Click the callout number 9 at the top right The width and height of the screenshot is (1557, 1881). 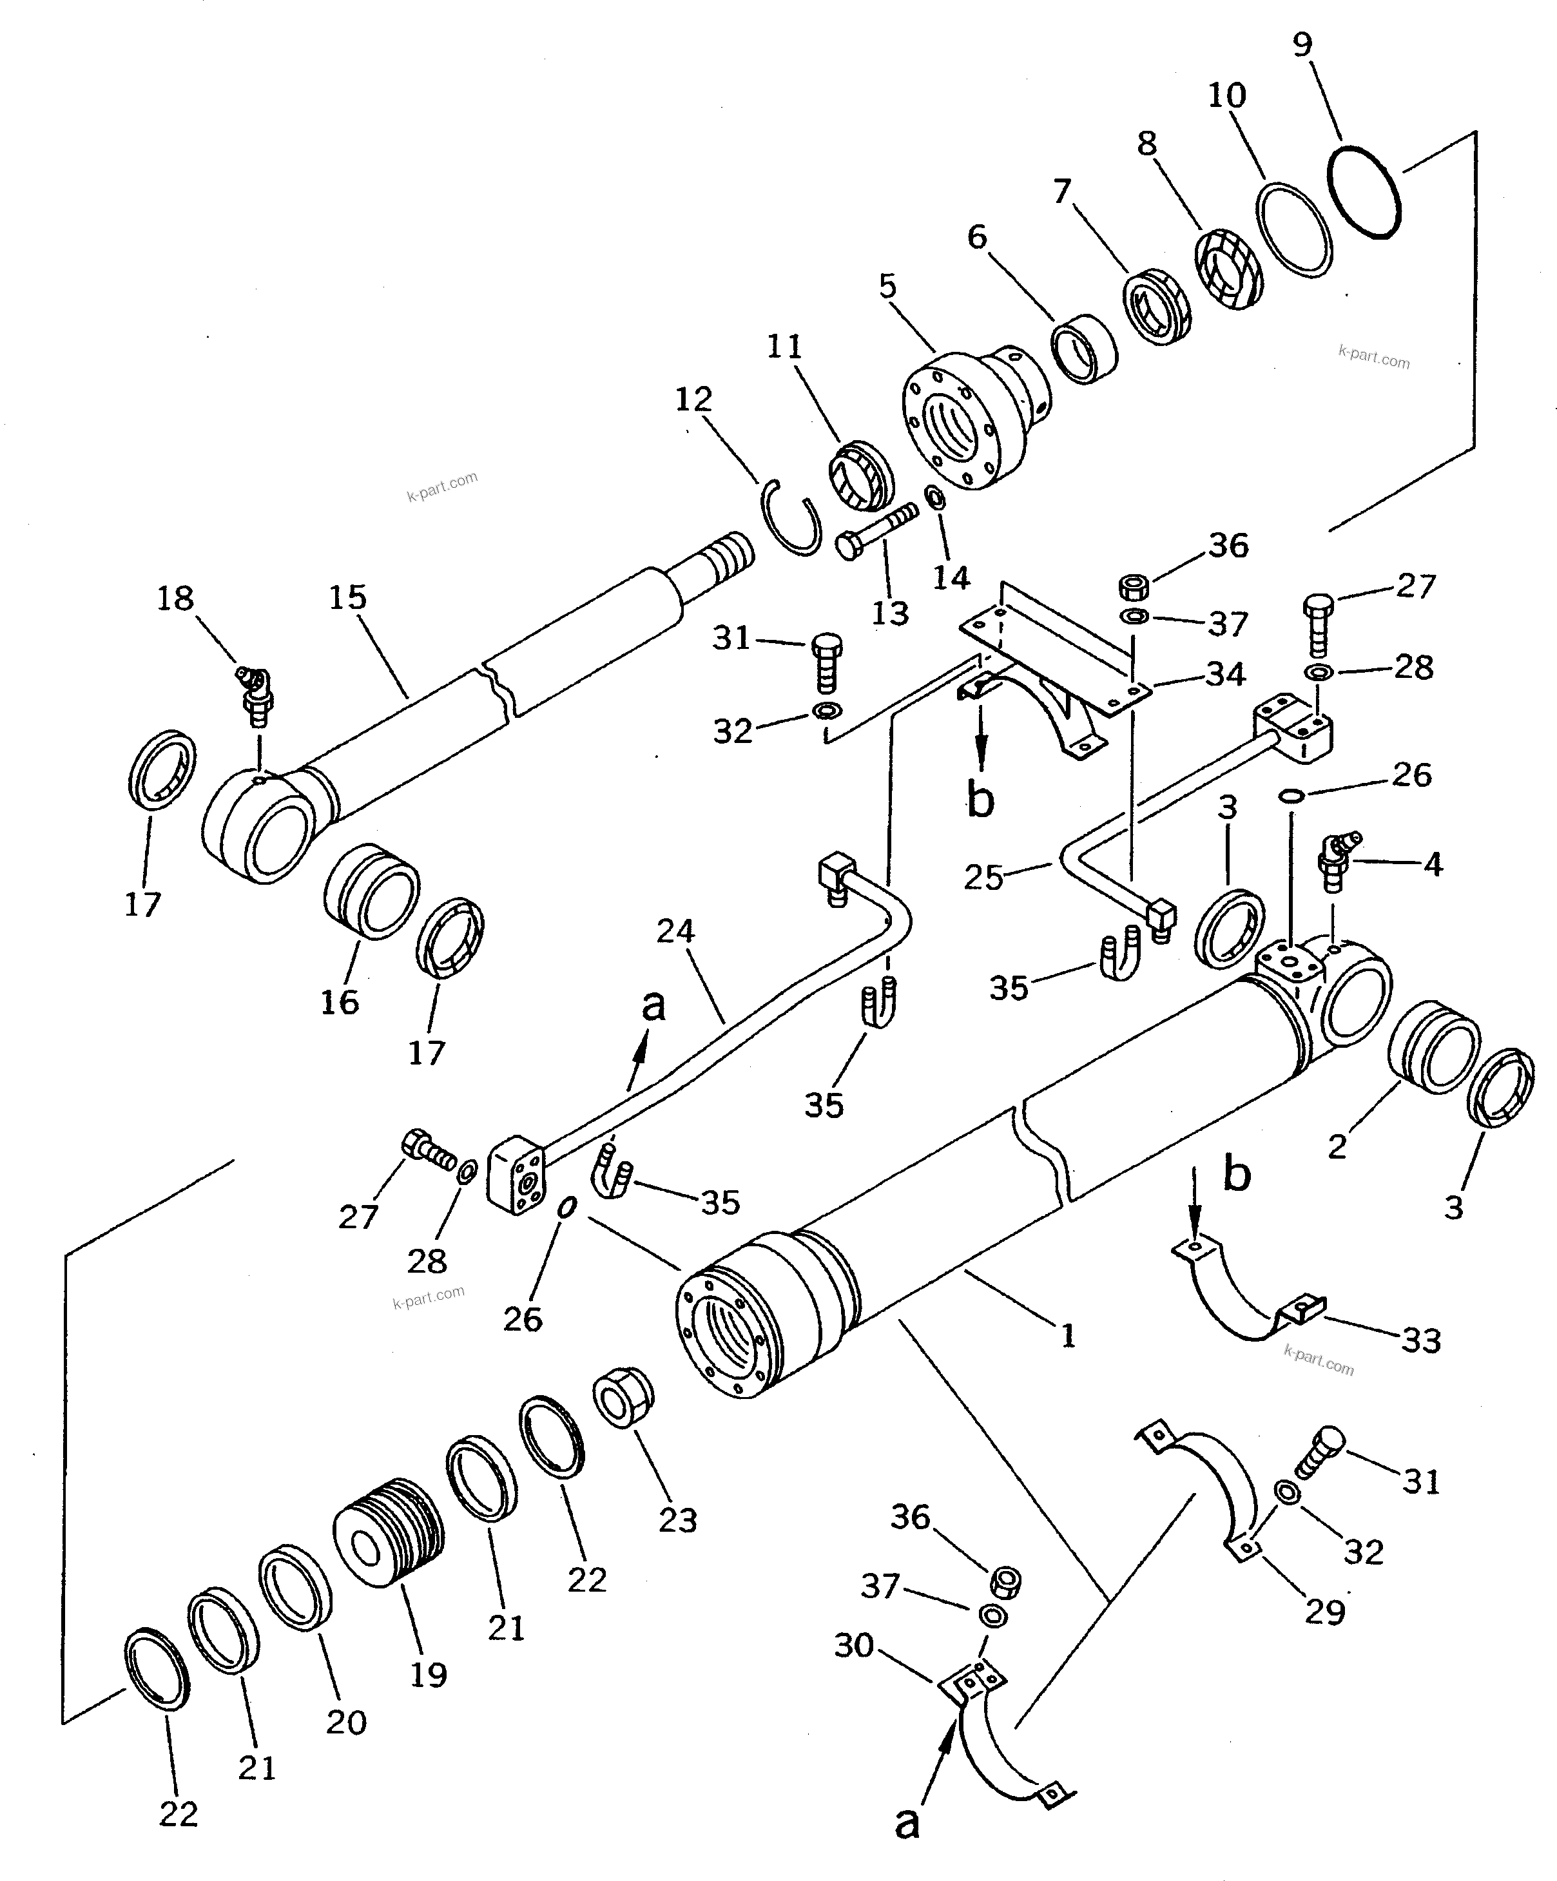point(1302,45)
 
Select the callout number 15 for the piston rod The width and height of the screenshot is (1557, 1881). point(347,597)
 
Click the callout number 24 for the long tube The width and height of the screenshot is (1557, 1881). point(675,932)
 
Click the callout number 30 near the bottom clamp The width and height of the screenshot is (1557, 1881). point(854,1645)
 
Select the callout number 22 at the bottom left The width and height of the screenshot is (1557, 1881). point(179,1815)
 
